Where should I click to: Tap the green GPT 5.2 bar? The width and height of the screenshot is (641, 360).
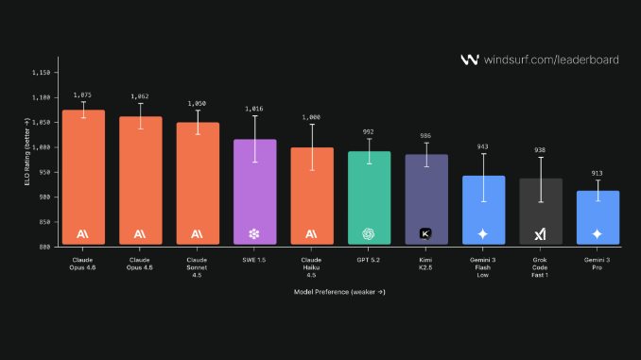pyautogui.click(x=369, y=197)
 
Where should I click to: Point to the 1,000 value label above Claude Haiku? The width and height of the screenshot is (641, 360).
pyautogui.click(x=311, y=117)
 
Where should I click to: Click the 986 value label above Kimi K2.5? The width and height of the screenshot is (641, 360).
pyautogui.click(x=425, y=136)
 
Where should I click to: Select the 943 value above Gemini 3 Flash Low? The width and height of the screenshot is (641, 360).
pyautogui.click(x=483, y=146)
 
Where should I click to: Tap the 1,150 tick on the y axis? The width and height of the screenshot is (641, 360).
pyautogui.click(x=43, y=73)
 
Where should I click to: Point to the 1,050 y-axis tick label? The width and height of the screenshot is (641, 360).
pyautogui.click(x=43, y=123)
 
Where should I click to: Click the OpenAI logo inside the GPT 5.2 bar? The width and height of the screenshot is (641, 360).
pyautogui.click(x=369, y=233)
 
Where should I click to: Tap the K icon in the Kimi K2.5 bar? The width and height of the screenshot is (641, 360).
pyautogui.click(x=425, y=233)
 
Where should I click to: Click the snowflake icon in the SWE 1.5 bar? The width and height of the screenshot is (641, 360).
pyautogui.click(x=253, y=233)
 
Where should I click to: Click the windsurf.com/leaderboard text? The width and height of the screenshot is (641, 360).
pyautogui.click(x=551, y=60)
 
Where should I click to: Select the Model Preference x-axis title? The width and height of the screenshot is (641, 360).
pyautogui.click(x=340, y=292)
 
